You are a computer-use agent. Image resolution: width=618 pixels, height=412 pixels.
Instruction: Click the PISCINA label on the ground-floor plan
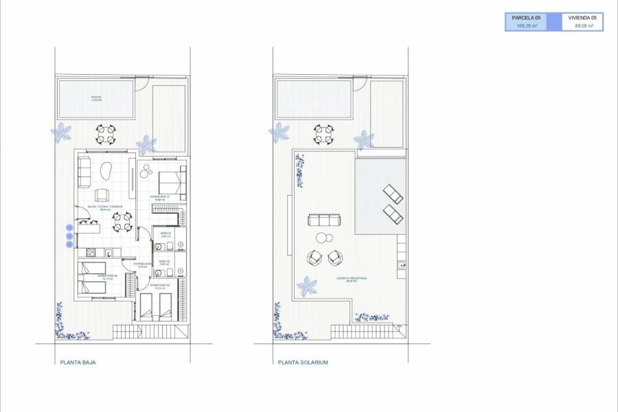(x=96, y=98)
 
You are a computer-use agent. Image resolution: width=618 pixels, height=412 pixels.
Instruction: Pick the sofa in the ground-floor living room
(x=83, y=171)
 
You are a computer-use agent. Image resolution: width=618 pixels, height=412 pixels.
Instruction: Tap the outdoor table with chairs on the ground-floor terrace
(x=105, y=133)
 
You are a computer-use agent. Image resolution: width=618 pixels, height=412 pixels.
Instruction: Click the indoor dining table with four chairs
(x=120, y=220)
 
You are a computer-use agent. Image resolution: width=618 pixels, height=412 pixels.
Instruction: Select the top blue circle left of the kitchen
(x=69, y=228)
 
